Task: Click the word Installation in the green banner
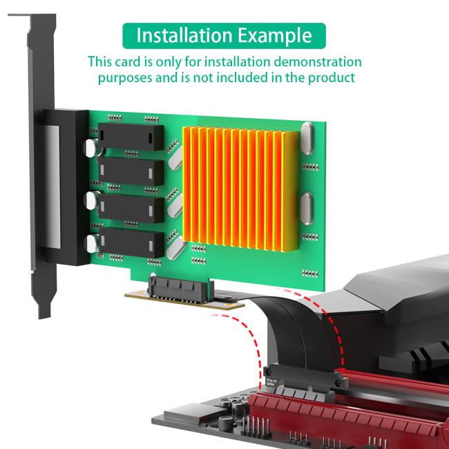pos(182,35)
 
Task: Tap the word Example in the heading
pos(274,35)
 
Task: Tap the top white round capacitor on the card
pos(90,148)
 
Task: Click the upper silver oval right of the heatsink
pos(308,138)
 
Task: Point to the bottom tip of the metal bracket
pos(43,314)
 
